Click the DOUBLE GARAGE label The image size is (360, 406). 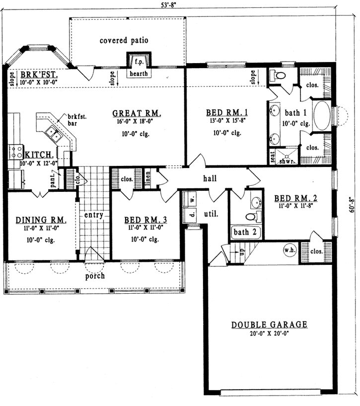269,325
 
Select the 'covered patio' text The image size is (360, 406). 124,40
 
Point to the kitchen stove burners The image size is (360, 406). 16,150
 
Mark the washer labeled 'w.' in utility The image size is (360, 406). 188,198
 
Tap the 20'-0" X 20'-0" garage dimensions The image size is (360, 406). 269,334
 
